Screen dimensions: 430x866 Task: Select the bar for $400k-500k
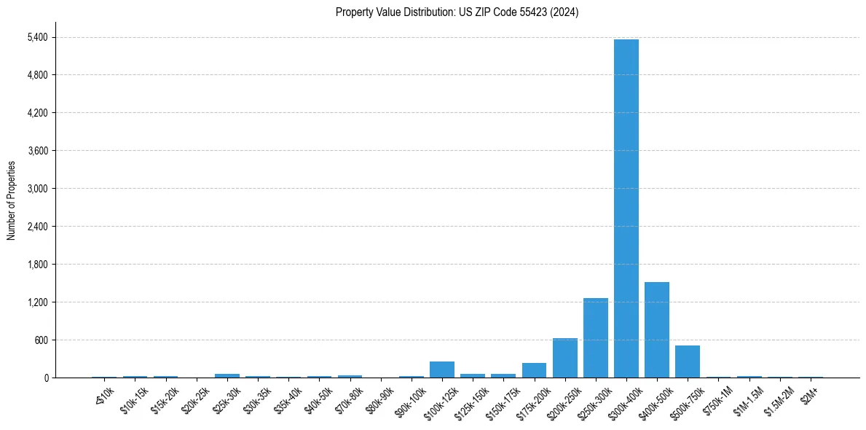(x=656, y=329)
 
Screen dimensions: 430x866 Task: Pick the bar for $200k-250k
(x=564, y=358)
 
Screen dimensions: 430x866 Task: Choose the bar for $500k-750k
(x=687, y=361)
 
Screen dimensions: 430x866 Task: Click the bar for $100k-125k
(x=442, y=370)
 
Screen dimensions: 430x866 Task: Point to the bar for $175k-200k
(x=534, y=370)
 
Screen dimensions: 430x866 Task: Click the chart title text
(x=457, y=12)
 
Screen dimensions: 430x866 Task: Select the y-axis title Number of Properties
(x=12, y=200)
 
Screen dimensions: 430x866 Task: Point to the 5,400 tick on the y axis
(x=36, y=37)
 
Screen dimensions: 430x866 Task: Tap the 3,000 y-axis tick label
(x=36, y=189)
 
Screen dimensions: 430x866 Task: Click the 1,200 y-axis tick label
(x=36, y=302)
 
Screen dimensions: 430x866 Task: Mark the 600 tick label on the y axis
(x=40, y=340)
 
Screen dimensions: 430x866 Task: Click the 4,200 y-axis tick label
(x=36, y=113)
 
